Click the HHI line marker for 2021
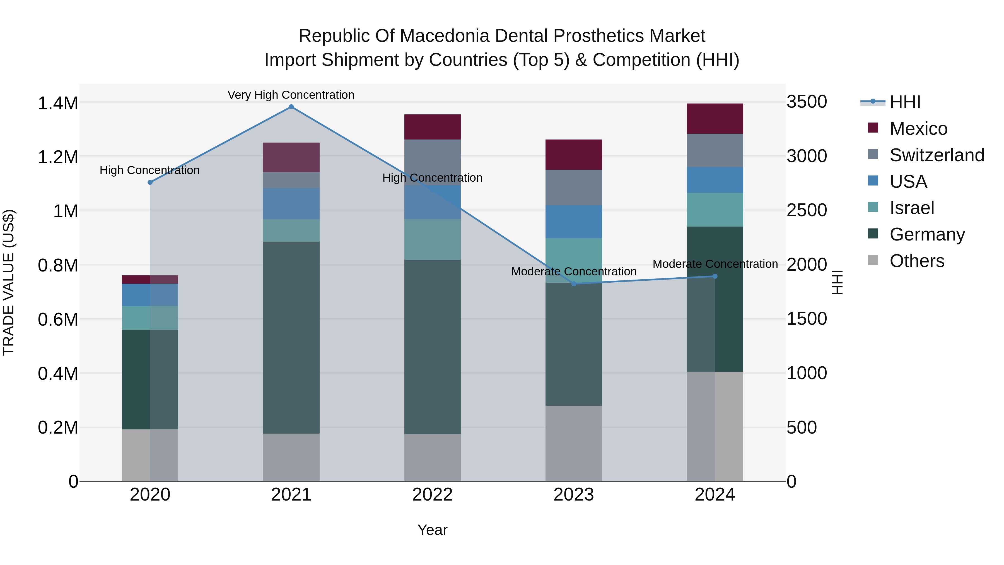pyautogui.click(x=291, y=107)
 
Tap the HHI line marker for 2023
pyautogui.click(x=573, y=284)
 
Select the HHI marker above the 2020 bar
pyautogui.click(x=150, y=182)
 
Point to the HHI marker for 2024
pyautogui.click(x=715, y=277)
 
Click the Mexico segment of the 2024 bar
pyautogui.click(x=715, y=119)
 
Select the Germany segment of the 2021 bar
pyautogui.click(x=291, y=337)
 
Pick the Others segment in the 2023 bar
pyautogui.click(x=573, y=443)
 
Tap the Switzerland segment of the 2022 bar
pyautogui.click(x=432, y=162)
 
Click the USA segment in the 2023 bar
pyautogui.click(x=573, y=222)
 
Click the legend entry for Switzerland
pyautogui.click(x=937, y=155)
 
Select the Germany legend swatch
pyautogui.click(x=873, y=234)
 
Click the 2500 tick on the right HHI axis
pyautogui.click(x=806, y=211)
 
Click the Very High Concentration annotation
pyautogui.click(x=291, y=95)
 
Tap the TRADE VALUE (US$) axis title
pyautogui.click(x=9, y=282)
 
